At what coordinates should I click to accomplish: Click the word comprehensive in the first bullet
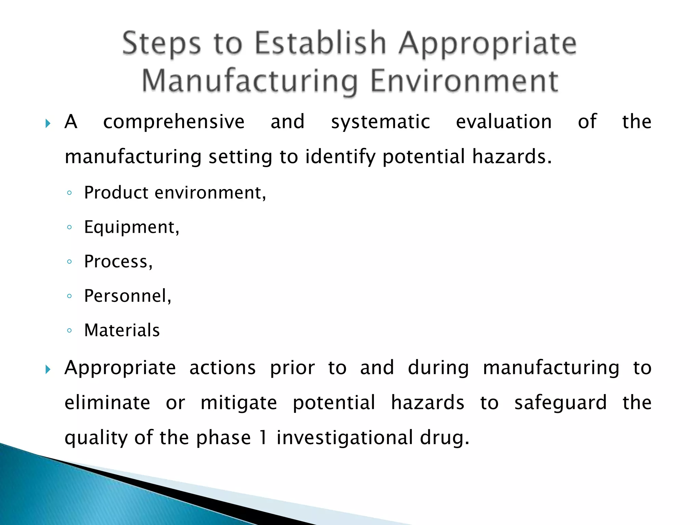coord(174,122)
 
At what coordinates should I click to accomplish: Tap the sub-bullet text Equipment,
coord(132,227)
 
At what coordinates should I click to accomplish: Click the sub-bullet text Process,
coord(118,262)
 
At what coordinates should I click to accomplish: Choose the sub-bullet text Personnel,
coord(127,296)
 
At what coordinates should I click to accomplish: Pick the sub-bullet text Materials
coord(122,331)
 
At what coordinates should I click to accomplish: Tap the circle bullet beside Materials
coord(69,331)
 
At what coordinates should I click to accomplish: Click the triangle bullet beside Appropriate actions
coord(48,369)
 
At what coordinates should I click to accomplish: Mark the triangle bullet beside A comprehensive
coord(48,123)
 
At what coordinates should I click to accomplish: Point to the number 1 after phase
coord(263,437)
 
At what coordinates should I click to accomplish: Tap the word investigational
coord(345,438)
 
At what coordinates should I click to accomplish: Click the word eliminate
coord(107,403)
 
